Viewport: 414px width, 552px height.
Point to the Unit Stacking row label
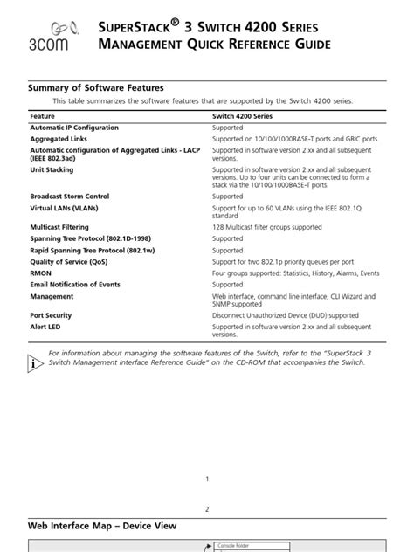tap(54, 169)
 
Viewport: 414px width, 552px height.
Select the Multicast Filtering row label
tap(66, 227)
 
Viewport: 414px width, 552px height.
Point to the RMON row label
tap(42, 273)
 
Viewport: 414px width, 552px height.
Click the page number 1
tap(207, 479)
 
